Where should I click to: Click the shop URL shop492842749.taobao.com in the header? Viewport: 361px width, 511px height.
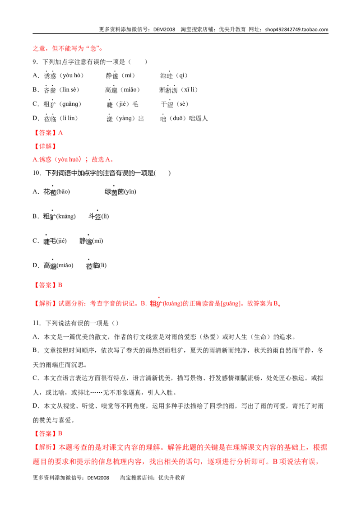(296, 29)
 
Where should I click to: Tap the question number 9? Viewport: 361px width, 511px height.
(35, 62)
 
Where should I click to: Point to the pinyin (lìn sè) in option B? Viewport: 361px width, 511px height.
(69, 90)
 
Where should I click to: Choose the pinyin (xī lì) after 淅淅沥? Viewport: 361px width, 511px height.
(189, 90)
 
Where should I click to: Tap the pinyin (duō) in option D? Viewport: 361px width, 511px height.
(178, 118)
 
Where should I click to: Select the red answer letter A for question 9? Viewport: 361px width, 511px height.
(60, 133)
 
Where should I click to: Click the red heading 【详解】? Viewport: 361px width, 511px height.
(45, 146)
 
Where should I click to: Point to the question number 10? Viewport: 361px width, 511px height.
(37, 173)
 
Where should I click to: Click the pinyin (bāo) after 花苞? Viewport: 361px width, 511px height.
(63, 191)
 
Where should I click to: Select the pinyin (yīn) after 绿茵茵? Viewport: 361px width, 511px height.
(130, 191)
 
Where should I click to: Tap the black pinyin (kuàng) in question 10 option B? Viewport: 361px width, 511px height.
(66, 216)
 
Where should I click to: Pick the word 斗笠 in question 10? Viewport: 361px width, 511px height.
(94, 216)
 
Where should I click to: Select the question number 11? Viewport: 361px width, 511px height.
(37, 323)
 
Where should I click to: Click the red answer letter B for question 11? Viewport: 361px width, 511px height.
(60, 433)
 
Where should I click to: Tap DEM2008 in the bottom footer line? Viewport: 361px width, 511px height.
(98, 478)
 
